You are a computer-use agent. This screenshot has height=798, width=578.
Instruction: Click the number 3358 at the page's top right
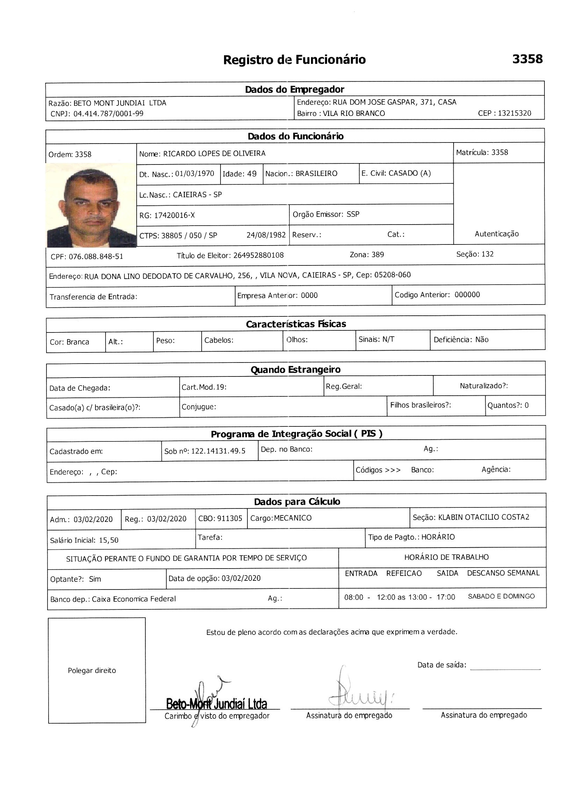pyautogui.click(x=527, y=59)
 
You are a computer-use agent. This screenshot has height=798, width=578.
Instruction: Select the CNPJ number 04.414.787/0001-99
pyautogui.click(x=108, y=114)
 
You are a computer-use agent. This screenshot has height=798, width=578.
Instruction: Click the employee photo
pyautogui.click(x=91, y=205)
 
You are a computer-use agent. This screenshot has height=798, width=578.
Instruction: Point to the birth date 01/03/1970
pyautogui.click(x=195, y=174)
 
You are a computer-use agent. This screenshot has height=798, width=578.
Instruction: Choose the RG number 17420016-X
pyautogui.click(x=174, y=215)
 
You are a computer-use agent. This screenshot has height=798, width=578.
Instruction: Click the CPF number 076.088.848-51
pyautogui.click(x=96, y=256)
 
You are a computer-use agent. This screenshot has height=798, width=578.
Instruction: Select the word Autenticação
pyautogui.click(x=496, y=234)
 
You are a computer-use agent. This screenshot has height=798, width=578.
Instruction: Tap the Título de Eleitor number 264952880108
pyautogui.click(x=258, y=255)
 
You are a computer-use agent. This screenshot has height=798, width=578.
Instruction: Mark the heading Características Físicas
pyautogui.click(x=296, y=324)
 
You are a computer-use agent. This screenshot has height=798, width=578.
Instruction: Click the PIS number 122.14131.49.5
pyautogui.click(x=218, y=451)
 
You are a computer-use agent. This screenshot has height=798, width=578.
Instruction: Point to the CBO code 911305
pyautogui.click(x=230, y=518)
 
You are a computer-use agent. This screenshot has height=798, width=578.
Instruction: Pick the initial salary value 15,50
pyautogui.click(x=108, y=540)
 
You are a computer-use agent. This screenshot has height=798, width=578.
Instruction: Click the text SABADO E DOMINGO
pyautogui.click(x=501, y=596)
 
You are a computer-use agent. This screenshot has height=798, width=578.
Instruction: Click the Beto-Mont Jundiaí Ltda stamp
pyautogui.click(x=216, y=704)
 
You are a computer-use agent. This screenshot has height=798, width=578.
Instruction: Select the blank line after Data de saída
pyautogui.click(x=505, y=669)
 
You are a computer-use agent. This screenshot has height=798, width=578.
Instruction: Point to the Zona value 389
pyautogui.click(x=377, y=255)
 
